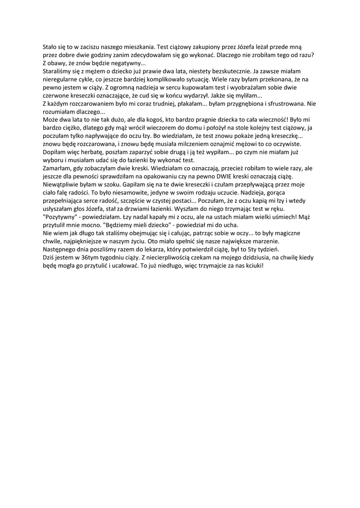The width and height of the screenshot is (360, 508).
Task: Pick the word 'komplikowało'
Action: pos(166,80)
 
